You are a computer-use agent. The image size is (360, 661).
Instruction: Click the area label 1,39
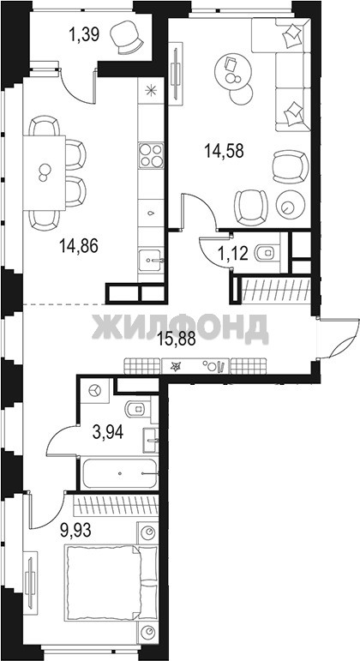click(x=84, y=34)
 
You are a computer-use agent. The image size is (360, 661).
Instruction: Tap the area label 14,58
click(x=225, y=150)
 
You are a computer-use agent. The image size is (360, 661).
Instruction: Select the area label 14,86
click(x=78, y=245)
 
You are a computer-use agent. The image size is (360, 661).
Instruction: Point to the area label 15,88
click(x=177, y=339)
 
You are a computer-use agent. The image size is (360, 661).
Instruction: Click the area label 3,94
click(x=108, y=432)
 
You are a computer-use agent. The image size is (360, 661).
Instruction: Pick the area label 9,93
click(x=76, y=530)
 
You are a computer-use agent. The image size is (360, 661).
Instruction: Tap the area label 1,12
click(x=232, y=254)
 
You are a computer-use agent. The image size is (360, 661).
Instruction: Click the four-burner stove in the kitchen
click(x=151, y=155)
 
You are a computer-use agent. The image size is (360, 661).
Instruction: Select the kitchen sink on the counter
click(x=151, y=261)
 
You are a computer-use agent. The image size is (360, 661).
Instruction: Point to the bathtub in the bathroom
click(x=119, y=473)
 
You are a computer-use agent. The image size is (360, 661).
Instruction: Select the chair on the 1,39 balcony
click(x=126, y=38)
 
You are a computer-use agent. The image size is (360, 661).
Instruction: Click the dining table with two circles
click(x=45, y=172)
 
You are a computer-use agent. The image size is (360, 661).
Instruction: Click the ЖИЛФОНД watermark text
click(x=180, y=327)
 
